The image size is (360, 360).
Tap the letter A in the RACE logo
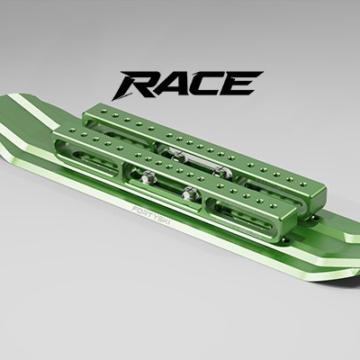point(171,85)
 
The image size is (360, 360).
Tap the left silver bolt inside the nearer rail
point(147,177)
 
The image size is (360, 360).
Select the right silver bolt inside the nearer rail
point(189,193)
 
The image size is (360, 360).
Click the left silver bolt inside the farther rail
point(178,155)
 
